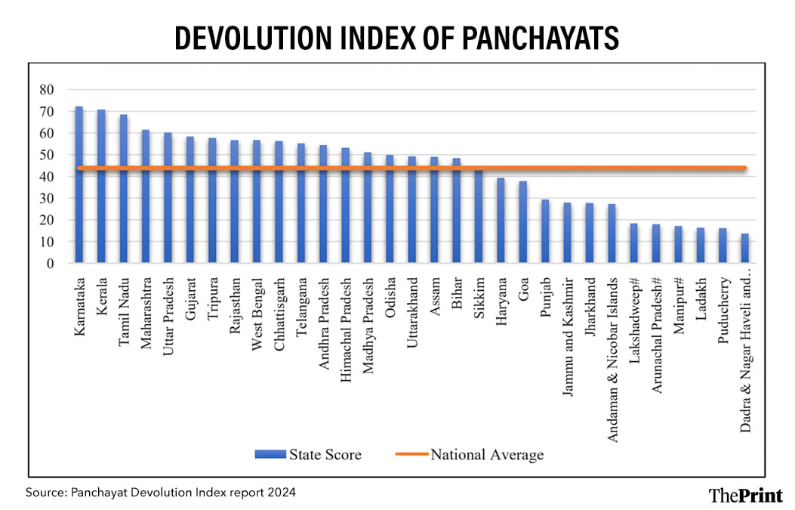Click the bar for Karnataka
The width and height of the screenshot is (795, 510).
79,185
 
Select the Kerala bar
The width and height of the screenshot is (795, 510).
101,187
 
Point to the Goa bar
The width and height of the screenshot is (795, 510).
522,222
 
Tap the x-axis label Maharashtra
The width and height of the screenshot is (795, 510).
146,310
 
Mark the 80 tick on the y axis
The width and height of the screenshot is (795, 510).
46,90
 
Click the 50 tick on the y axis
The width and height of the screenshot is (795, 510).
46,155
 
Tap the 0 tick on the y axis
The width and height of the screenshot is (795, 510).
50,264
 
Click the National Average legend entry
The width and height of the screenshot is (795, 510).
486,454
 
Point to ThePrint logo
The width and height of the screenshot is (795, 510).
745,495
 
